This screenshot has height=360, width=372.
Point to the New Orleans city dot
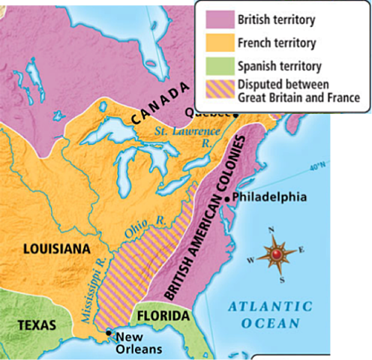109,332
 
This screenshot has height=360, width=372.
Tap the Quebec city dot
235,114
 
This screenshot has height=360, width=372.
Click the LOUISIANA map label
56,248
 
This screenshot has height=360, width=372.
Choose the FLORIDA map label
161,316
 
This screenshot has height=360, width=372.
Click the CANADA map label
158,106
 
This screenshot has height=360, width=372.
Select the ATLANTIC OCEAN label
271,314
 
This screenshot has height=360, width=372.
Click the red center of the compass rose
276,255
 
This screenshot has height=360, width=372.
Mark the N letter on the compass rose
271,229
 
